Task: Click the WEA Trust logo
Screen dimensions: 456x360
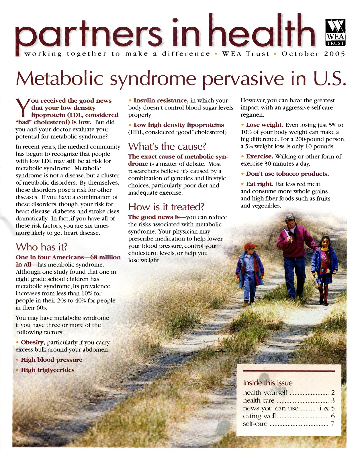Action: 335,32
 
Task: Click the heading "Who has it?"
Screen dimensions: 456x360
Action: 42,247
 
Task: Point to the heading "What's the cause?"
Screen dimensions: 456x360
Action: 167,146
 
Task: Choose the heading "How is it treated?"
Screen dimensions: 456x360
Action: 166,207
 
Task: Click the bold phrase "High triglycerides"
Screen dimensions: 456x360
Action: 48,370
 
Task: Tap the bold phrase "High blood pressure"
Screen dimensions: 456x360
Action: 52,360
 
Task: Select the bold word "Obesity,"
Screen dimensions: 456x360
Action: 33,343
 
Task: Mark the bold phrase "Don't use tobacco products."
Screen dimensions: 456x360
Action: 287,174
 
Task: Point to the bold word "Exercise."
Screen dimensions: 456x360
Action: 259,156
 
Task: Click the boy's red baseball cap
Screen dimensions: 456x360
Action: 250,246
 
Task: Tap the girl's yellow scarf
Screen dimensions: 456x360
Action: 325,249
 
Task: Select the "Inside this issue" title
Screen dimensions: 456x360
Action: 268,383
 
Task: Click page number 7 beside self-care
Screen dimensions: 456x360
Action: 332,424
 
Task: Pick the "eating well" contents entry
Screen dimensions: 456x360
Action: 259,416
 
